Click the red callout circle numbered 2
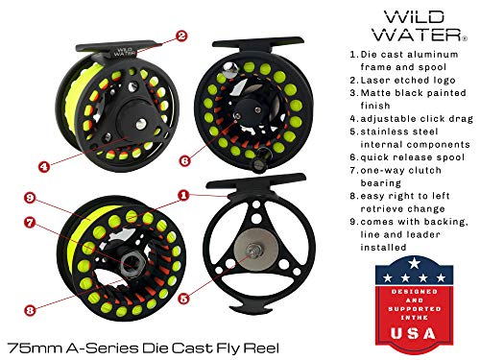pos(180,37)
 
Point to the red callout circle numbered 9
pos(31,199)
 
